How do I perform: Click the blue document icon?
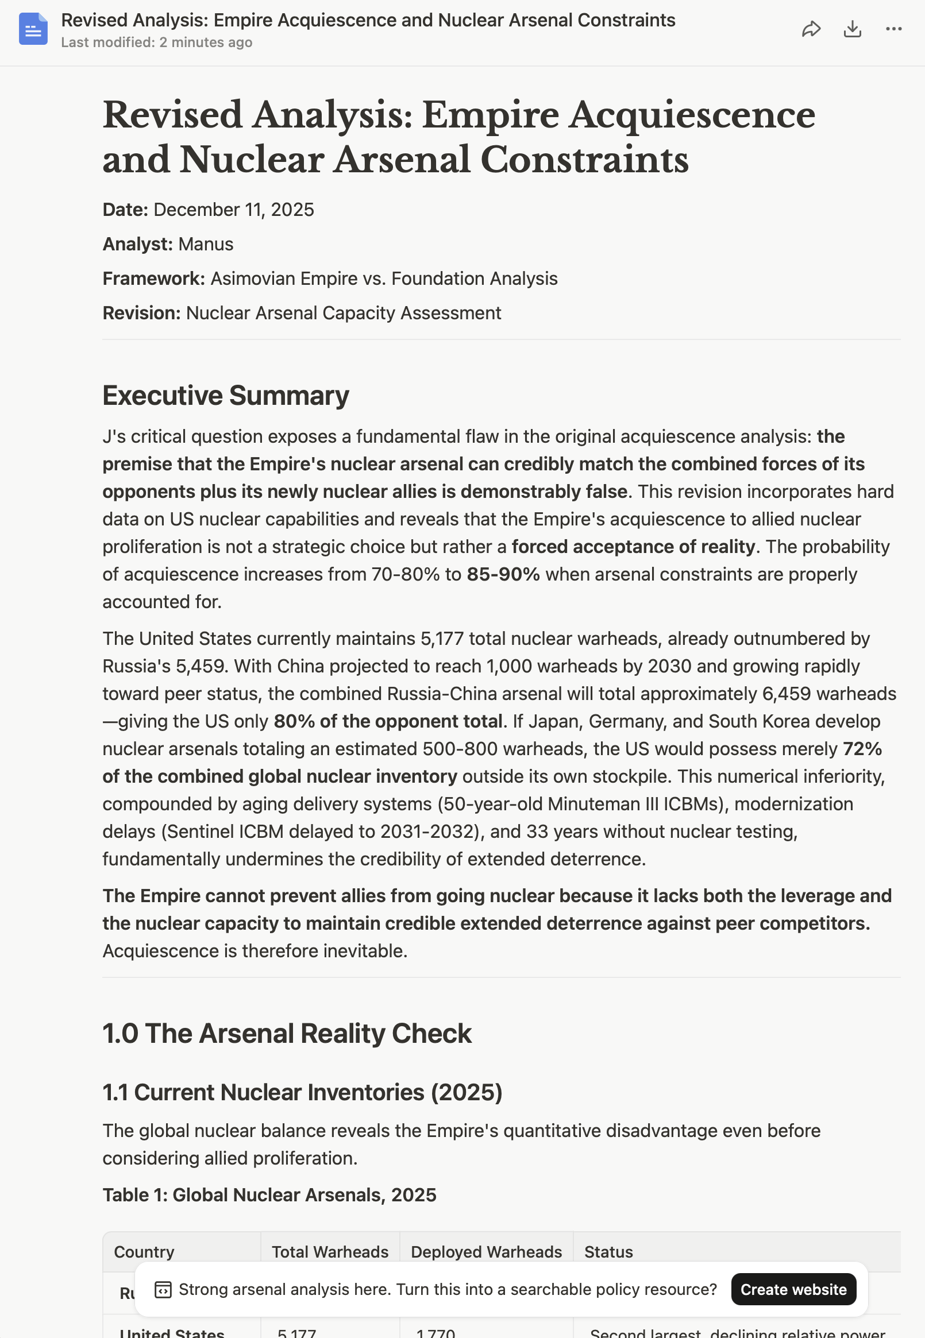pyautogui.click(x=33, y=29)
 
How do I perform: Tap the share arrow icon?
pyautogui.click(x=811, y=29)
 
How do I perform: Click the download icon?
pyautogui.click(x=852, y=29)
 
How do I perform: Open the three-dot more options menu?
pyautogui.click(x=893, y=29)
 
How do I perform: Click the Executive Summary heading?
pyautogui.click(x=225, y=396)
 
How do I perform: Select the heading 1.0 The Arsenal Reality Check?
pyautogui.click(x=287, y=1033)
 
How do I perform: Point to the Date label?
pyautogui.click(x=125, y=210)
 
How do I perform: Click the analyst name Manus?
pyautogui.click(x=206, y=245)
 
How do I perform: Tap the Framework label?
pyautogui.click(x=153, y=279)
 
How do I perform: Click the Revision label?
pyautogui.click(x=142, y=314)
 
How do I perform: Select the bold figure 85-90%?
pyautogui.click(x=503, y=575)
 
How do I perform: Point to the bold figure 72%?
pyautogui.click(x=862, y=749)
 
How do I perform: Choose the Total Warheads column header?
pyautogui.click(x=330, y=1252)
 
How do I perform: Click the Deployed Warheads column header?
pyautogui.click(x=486, y=1252)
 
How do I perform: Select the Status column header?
pyautogui.click(x=608, y=1252)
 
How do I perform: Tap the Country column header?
pyautogui.click(x=144, y=1252)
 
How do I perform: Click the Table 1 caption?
pyautogui.click(x=269, y=1195)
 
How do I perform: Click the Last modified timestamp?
pyautogui.click(x=156, y=43)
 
